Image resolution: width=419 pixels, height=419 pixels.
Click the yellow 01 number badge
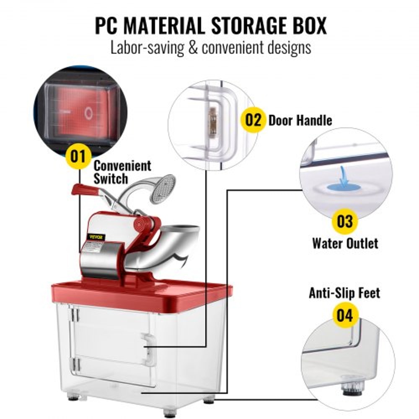(78, 157)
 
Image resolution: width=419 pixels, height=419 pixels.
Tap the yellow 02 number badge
(253, 120)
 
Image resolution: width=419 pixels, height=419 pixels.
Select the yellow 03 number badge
(344, 221)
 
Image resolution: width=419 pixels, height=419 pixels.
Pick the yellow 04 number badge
(345, 316)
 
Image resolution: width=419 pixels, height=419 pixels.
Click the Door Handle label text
(300, 120)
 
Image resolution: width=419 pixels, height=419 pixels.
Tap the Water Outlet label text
(345, 243)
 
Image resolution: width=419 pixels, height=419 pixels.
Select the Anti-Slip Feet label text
(344, 293)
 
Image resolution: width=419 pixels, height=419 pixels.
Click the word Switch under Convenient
(110, 179)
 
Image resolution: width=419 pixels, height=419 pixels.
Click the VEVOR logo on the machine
(96, 236)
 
